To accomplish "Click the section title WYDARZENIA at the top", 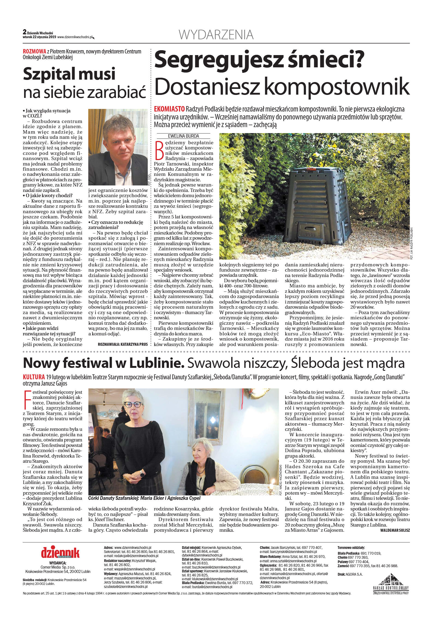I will point(216,35).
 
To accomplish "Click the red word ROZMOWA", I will point(34,52).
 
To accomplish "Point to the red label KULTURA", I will point(34,377).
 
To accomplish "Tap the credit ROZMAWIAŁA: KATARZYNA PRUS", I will point(122,344).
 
